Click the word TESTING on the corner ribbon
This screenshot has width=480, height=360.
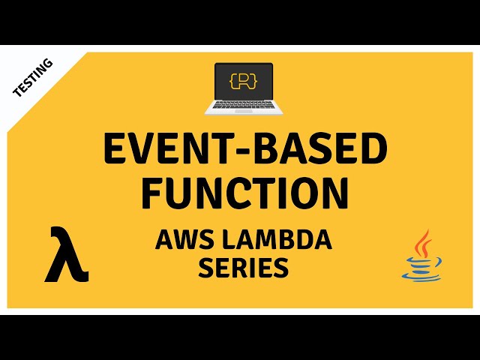tap(33, 78)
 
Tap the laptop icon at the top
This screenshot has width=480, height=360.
tap(244, 88)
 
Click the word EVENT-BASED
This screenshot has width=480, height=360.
tap(244, 151)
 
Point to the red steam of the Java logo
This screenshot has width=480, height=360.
tap(424, 241)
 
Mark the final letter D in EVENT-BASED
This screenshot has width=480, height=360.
tap(372, 151)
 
